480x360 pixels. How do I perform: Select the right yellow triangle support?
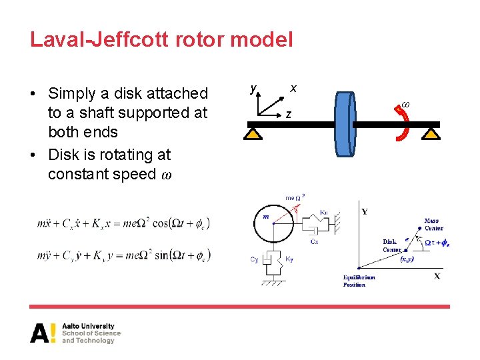pyautogui.click(x=431, y=134)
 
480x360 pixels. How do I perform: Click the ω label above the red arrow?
pyautogui.click(x=405, y=105)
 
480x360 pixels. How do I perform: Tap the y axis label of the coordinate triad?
pyautogui.click(x=253, y=87)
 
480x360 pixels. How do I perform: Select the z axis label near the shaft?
pyautogui.click(x=288, y=115)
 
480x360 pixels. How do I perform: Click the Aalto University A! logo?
pyautogui.click(x=43, y=333)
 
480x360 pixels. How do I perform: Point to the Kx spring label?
pyautogui.click(x=323, y=212)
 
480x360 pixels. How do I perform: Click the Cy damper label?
pyautogui.click(x=254, y=259)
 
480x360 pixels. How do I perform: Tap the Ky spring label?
pyautogui.click(x=289, y=259)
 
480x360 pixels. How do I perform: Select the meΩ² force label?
pyautogui.click(x=295, y=198)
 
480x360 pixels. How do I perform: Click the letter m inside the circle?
pyautogui.click(x=265, y=217)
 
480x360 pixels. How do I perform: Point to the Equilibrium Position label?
pyautogui.click(x=359, y=281)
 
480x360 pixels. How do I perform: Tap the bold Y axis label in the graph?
pyautogui.click(x=364, y=212)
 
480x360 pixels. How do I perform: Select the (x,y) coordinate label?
pyautogui.click(x=408, y=259)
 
